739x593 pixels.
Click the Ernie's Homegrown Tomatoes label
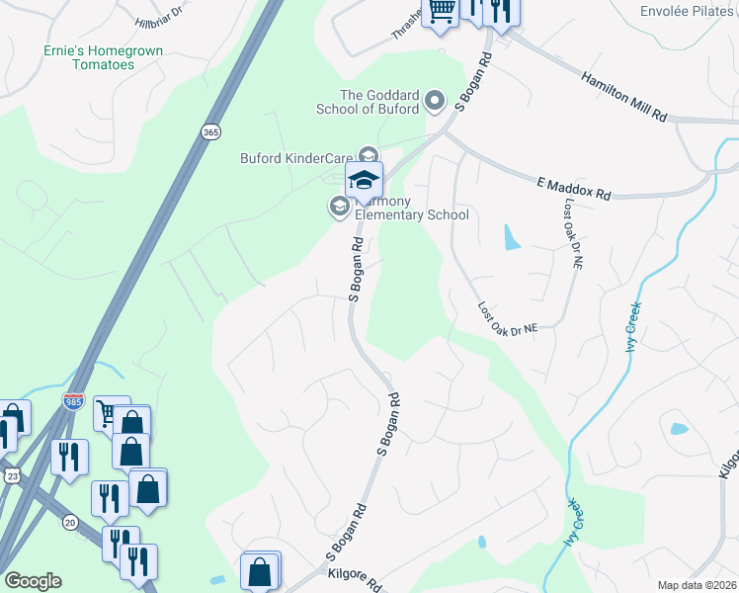tap(89, 57)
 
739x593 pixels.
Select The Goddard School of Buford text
tap(367, 101)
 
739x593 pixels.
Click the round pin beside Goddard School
tap(436, 100)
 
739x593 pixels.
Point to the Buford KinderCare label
tap(296, 157)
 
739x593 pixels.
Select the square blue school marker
tap(364, 181)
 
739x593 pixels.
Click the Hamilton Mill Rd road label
tap(623, 96)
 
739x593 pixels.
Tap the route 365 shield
tap(209, 131)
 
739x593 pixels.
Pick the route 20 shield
tap(69, 521)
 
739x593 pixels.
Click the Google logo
tap(33, 581)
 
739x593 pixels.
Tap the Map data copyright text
tap(697, 585)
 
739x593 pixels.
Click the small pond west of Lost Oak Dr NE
tap(510, 237)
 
